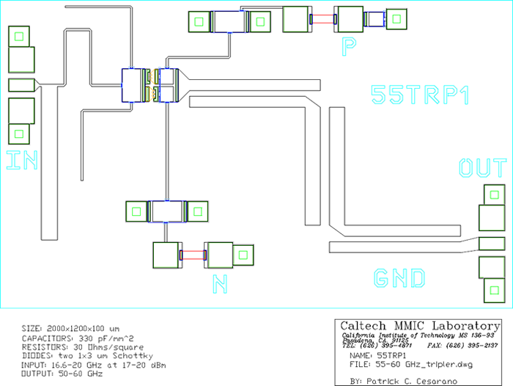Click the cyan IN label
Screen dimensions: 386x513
(21, 159)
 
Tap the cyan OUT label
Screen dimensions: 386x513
(482, 168)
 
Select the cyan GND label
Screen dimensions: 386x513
(399, 278)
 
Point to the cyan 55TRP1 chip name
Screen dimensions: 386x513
(419, 95)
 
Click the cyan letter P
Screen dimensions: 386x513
(350, 48)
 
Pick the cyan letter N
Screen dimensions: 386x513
(218, 282)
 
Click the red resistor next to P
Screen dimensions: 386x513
(322, 19)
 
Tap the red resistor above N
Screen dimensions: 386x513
(193, 255)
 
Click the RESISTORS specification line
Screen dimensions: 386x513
(72, 346)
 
